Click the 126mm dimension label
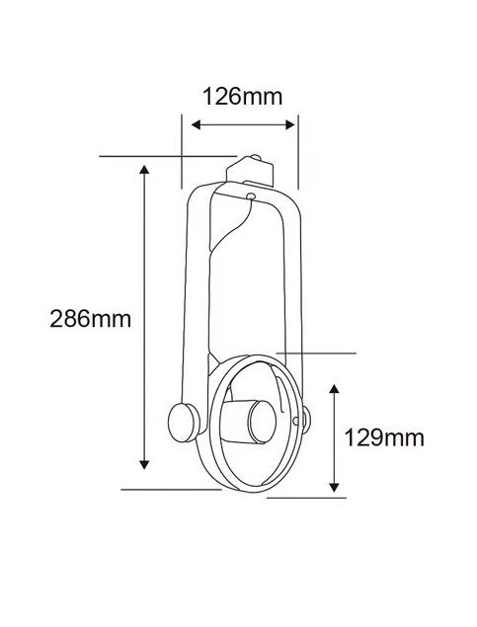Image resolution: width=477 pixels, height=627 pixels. tap(242, 97)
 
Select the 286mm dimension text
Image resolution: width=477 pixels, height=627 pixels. tap(90, 319)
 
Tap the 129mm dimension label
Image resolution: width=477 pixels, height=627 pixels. tap(384, 437)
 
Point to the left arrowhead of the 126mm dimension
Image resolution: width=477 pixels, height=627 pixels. tap(196, 124)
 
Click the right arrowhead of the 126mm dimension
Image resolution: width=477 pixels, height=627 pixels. tap(290, 124)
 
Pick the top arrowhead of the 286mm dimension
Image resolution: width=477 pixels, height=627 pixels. tap(144, 170)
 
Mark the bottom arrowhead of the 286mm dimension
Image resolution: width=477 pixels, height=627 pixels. tap(144, 464)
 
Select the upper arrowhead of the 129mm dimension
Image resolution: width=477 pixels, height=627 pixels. tap(334, 389)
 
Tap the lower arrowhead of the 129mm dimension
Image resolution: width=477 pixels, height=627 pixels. tap(334, 488)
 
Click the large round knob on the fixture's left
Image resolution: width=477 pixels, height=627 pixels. tap(183, 423)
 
